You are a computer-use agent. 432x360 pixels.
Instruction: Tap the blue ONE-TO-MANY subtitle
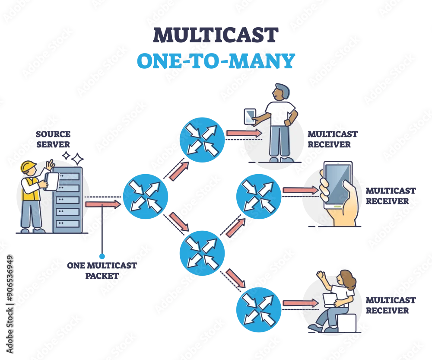[x=216, y=61]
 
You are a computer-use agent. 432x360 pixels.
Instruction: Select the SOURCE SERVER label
[x=53, y=139]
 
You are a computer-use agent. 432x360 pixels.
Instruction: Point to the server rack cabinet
[x=67, y=200]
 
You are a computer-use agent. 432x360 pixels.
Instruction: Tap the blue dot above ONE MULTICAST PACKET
[x=102, y=256]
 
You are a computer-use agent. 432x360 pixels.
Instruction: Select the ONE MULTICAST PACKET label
[x=102, y=271]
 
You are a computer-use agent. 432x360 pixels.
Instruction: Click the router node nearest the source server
[x=146, y=197]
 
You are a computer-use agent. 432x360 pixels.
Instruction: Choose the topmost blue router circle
[x=202, y=140]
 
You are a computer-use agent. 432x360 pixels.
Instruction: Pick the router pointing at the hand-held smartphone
[x=259, y=197]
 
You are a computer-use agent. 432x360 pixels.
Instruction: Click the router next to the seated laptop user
[x=259, y=309]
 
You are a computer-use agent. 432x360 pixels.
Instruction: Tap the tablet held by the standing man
[x=250, y=116]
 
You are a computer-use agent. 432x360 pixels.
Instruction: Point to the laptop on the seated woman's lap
[x=330, y=300]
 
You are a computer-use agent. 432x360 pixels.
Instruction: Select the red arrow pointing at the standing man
[x=244, y=134]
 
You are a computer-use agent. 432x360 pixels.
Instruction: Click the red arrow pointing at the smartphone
[x=301, y=190]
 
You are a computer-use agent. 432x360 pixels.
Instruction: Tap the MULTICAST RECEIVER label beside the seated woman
[x=391, y=305]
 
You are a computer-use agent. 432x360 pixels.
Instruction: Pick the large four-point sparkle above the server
[x=77, y=159]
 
